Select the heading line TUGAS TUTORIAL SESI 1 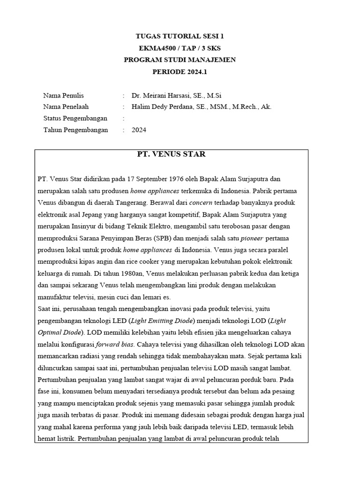coord(180,36)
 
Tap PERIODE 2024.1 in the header coord(180,72)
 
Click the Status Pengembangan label coord(75,118)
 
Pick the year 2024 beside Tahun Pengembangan coord(139,130)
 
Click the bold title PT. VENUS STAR coord(171,154)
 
